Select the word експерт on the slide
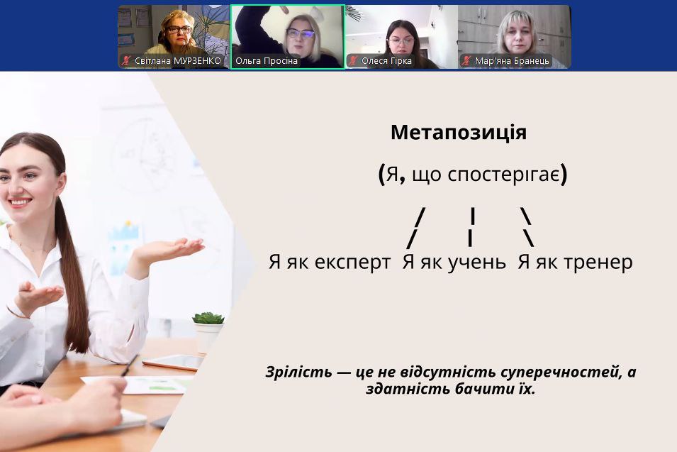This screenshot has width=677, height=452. (x=353, y=263)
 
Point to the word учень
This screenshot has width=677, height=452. (x=476, y=263)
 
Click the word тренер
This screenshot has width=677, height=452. (x=598, y=263)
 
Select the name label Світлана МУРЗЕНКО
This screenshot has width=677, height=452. (x=178, y=61)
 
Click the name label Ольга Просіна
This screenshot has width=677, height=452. (x=267, y=61)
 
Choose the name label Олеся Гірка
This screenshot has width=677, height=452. (x=386, y=61)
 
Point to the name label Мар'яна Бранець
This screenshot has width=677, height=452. (x=512, y=61)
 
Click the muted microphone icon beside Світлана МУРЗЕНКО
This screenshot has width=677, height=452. (x=125, y=60)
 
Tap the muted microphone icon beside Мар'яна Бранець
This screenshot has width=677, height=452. (x=466, y=60)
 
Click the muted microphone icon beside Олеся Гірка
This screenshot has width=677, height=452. (x=353, y=60)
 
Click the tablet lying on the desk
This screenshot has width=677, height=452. (x=174, y=363)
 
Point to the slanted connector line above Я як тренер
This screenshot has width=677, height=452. (x=527, y=227)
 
